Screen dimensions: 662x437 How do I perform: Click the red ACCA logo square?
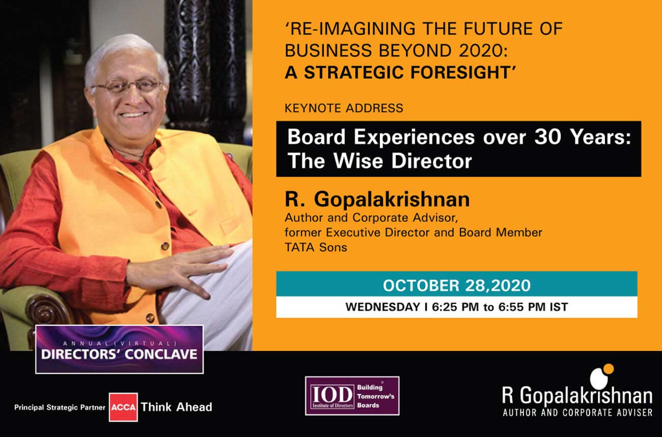[x=123, y=407]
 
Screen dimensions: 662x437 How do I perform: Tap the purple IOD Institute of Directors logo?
[x=352, y=396]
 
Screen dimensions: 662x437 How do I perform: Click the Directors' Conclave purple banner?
[x=119, y=349]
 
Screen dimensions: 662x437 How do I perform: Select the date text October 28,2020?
[x=457, y=286]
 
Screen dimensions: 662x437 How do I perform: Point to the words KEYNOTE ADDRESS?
[x=344, y=108]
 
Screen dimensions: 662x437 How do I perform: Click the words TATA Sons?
[x=316, y=247]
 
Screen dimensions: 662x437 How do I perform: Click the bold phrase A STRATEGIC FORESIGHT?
[x=400, y=72]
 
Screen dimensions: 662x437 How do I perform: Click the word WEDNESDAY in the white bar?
[x=383, y=307]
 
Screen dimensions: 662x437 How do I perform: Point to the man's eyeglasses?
[x=127, y=86]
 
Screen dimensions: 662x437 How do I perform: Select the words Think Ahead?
[x=176, y=407]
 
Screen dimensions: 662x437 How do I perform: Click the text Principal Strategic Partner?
[x=60, y=407]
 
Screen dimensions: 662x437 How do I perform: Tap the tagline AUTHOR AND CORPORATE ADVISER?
[x=577, y=413]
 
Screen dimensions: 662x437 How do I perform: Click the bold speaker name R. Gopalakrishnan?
[x=377, y=199]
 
